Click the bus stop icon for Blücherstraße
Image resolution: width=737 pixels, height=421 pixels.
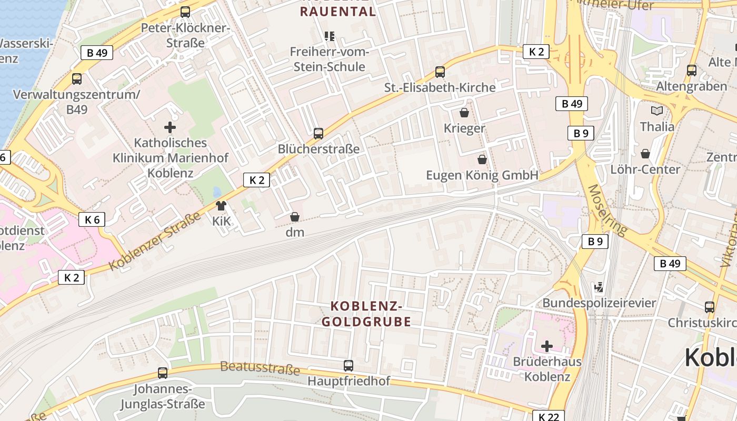pyautogui.click(x=318, y=134)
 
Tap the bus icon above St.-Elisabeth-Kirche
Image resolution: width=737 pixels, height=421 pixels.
pyautogui.click(x=440, y=72)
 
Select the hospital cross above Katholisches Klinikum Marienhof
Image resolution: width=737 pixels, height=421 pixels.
pyautogui.click(x=170, y=127)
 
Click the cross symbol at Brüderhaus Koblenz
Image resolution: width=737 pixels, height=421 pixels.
pyautogui.click(x=547, y=346)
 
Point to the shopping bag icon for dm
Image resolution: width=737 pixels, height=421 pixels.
pyautogui.click(x=295, y=217)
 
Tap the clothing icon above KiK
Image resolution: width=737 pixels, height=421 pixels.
pyautogui.click(x=221, y=206)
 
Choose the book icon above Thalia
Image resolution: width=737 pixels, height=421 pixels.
pyautogui.click(x=656, y=111)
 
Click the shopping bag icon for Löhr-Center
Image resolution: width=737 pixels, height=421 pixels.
pyautogui.click(x=645, y=154)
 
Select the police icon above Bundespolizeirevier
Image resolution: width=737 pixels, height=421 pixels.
pyautogui.click(x=599, y=287)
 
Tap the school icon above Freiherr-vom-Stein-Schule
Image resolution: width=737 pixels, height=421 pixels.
pyautogui.click(x=330, y=36)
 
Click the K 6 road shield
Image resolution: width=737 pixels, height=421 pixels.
pyautogui.click(x=92, y=219)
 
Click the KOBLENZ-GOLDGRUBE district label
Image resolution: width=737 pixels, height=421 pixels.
pyautogui.click(x=366, y=314)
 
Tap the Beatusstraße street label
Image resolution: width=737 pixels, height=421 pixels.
pyautogui.click(x=260, y=367)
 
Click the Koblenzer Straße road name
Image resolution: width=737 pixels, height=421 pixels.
pyautogui.click(x=155, y=242)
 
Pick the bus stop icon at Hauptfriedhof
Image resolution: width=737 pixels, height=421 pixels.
pyautogui.click(x=348, y=365)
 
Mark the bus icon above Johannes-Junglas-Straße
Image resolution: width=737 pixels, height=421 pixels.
pyautogui.click(x=163, y=373)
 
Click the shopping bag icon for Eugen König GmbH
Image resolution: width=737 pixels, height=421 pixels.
pyautogui.click(x=482, y=159)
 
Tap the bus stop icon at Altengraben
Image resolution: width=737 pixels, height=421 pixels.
pyautogui.click(x=692, y=71)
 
